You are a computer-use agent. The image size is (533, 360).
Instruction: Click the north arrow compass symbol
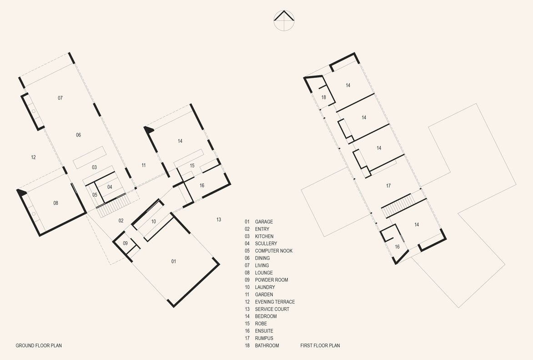pyautogui.click(x=284, y=20)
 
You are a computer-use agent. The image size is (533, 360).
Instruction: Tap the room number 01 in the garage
pyautogui.click(x=174, y=261)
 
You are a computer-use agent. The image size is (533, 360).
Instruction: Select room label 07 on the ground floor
pyautogui.click(x=60, y=98)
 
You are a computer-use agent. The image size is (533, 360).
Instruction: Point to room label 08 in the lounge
pyautogui.click(x=56, y=203)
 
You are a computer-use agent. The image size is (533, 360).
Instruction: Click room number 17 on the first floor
pyautogui.click(x=388, y=186)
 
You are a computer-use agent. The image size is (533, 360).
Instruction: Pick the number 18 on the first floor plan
pyautogui.click(x=324, y=97)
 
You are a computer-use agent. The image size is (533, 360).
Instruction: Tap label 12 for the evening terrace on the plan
pyautogui.click(x=33, y=157)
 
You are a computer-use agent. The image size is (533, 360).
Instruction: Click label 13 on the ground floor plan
pyautogui.click(x=219, y=219)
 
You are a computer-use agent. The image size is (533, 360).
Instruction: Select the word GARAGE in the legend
pyautogui.click(x=264, y=222)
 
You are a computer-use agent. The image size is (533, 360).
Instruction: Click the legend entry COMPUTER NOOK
pyautogui.click(x=274, y=251)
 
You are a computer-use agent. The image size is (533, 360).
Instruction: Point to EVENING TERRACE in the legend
pyautogui.click(x=275, y=302)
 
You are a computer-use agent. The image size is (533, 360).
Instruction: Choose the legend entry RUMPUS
pyautogui.click(x=264, y=338)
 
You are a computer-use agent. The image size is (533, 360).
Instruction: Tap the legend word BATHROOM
pyautogui.click(x=267, y=346)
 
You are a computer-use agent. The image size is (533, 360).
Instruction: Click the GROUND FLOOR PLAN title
pyautogui.click(x=39, y=346)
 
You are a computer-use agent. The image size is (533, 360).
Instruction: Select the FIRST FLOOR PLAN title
pyautogui.click(x=320, y=346)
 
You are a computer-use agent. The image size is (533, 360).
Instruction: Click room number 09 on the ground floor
pyautogui.click(x=126, y=243)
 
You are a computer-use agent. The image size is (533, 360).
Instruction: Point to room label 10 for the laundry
pyautogui.click(x=154, y=222)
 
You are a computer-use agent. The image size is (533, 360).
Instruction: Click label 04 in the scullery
pyautogui.click(x=110, y=187)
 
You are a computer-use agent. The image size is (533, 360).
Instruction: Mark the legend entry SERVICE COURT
pyautogui.click(x=272, y=309)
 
